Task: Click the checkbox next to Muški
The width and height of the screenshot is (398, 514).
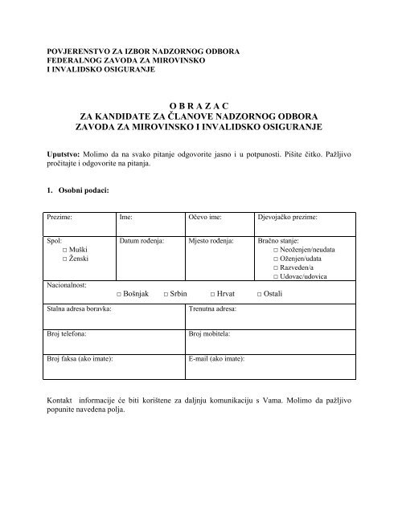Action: [x=64, y=251]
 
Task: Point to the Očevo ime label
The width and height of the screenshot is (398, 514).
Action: [x=206, y=218]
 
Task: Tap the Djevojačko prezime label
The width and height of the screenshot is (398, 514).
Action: [x=287, y=218]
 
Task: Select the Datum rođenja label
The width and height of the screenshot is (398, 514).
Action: [x=142, y=240]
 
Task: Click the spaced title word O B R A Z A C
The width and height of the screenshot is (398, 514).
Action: [x=199, y=104]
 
